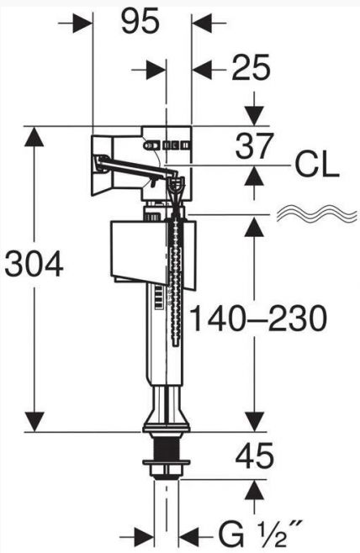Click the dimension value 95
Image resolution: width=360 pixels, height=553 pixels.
[x=140, y=22]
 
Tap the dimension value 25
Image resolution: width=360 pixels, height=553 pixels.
[x=251, y=67]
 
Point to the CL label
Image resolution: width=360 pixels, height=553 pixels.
[x=317, y=166]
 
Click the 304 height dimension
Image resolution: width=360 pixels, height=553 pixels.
[x=34, y=264]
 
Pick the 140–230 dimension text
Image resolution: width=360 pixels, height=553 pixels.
[x=258, y=319]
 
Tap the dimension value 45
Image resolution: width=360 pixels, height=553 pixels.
[x=255, y=456]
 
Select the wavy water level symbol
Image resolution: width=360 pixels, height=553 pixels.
[x=316, y=214]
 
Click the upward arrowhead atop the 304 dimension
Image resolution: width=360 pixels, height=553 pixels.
[x=34, y=136]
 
